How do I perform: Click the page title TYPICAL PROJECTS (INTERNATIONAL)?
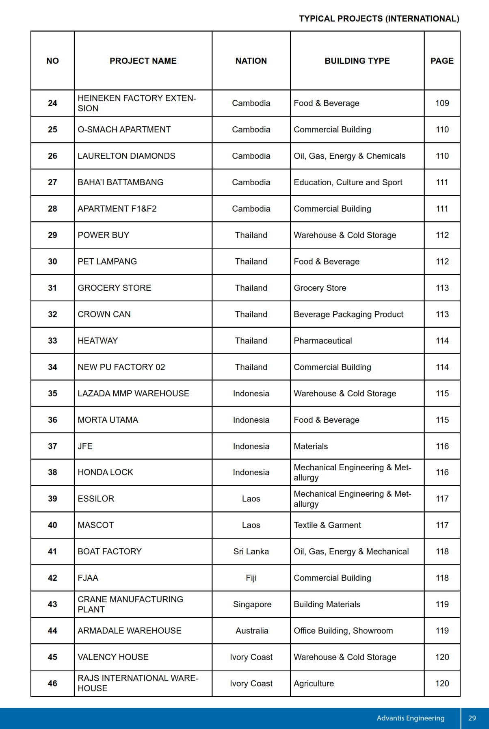point(379,19)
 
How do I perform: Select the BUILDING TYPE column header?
point(357,61)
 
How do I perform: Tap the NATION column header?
point(251,61)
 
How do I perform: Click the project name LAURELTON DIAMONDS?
point(126,156)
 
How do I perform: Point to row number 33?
point(52,341)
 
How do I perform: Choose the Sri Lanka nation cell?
point(251,552)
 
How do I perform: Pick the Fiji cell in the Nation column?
point(251,578)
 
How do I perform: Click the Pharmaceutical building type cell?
point(323,341)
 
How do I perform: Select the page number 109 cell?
point(442,103)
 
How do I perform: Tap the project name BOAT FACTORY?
point(110,552)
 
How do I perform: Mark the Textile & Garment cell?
point(327,525)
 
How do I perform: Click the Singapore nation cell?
point(252,604)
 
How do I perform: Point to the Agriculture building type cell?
point(314,684)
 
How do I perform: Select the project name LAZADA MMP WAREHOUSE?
point(133,394)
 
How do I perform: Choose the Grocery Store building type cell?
point(320,288)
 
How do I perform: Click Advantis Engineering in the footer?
point(410,718)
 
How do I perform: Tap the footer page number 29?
point(472,718)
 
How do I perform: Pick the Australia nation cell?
point(252,631)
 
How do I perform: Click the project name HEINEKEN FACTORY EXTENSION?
point(136,103)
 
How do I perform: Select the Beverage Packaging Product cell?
point(348,314)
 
